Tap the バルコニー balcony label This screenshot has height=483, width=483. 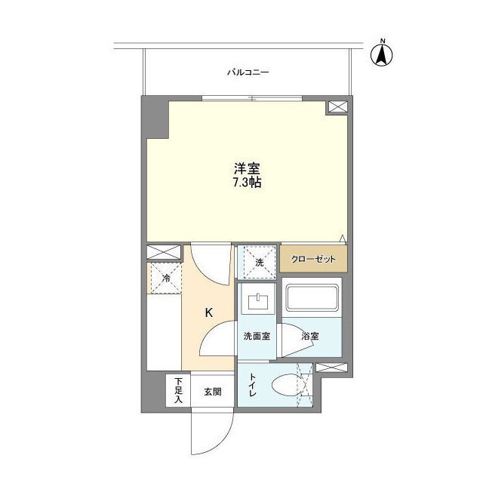[248, 72]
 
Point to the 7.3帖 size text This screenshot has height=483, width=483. [247, 183]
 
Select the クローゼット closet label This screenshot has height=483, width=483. [314, 258]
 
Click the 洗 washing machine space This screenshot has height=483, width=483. [257, 263]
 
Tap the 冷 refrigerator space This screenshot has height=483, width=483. [165, 278]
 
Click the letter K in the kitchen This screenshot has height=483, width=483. [209, 312]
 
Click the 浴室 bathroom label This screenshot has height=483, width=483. [309, 336]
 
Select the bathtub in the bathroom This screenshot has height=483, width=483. [312, 299]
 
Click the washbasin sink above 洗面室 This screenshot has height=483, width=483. [259, 303]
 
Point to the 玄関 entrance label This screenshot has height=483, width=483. [211, 392]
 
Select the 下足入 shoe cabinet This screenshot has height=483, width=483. [178, 390]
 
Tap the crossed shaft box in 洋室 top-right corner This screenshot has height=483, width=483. [337, 107]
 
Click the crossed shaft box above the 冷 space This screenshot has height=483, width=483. [164, 252]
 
